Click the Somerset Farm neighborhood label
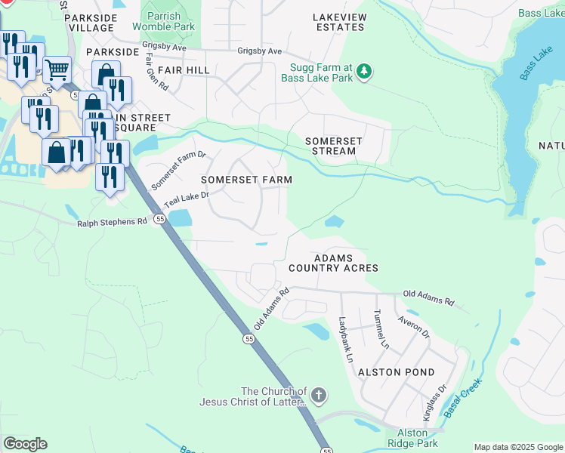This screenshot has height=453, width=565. (x=246, y=180)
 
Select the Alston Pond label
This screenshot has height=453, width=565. (x=397, y=372)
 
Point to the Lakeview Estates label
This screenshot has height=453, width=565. (x=339, y=21)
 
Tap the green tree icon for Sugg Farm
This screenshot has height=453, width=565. (x=365, y=71)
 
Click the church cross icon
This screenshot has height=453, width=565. (x=319, y=395)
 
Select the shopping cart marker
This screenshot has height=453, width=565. (x=57, y=71)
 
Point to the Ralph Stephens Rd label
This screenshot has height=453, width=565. (x=112, y=223)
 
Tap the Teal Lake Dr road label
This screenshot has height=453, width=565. (x=186, y=200)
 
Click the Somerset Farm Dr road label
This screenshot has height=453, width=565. (x=178, y=171)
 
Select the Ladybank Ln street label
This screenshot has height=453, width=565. (x=346, y=339)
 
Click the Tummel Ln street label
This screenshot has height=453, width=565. (x=380, y=328)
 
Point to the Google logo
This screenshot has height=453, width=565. (x=26, y=444)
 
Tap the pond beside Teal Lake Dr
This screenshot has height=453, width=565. (x=180, y=218)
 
